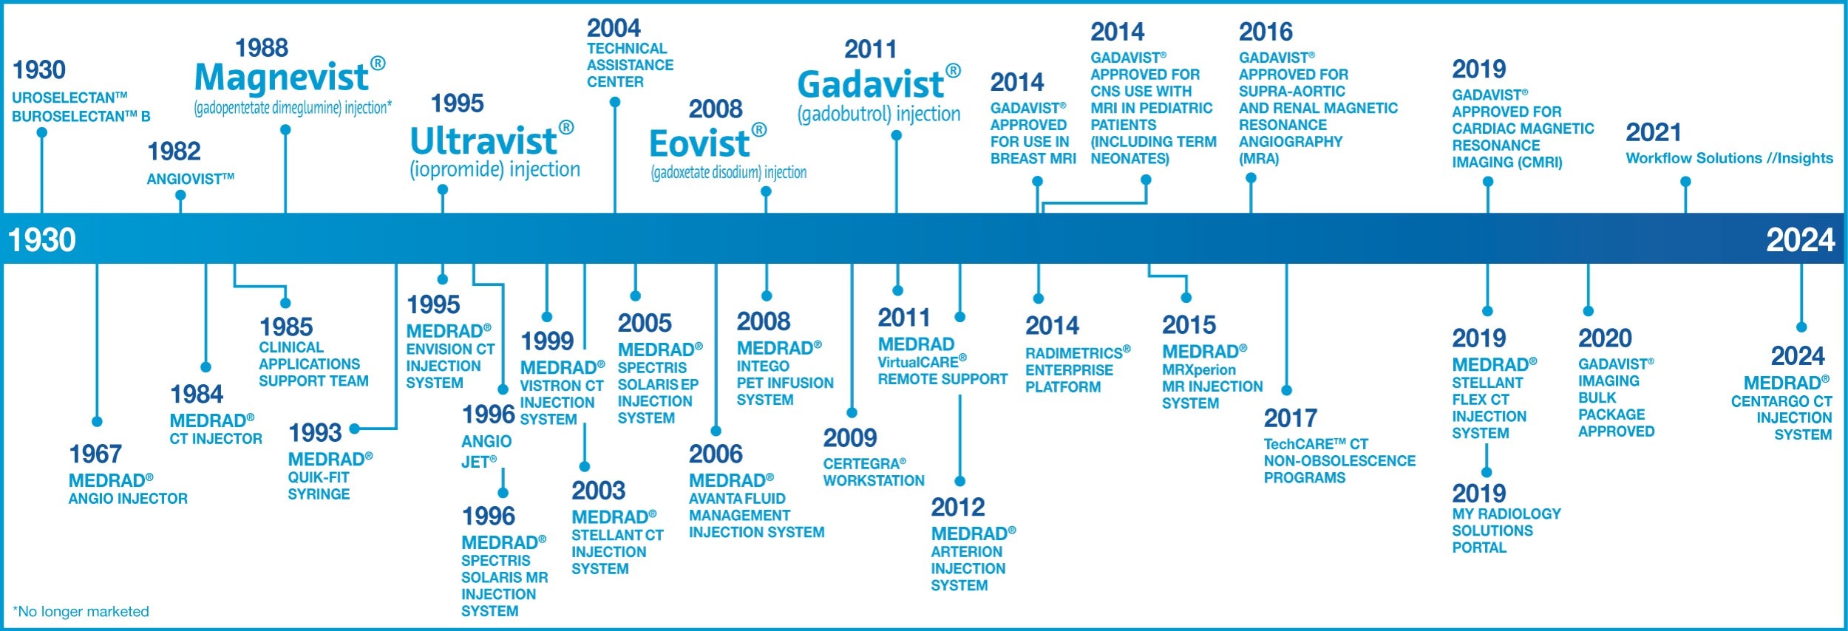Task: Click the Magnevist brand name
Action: pos(282,78)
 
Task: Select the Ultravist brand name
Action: pos(483,141)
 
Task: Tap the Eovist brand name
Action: pos(699,143)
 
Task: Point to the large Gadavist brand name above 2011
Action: pos(871,84)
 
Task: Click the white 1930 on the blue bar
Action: pos(42,240)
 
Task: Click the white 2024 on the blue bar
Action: pos(1800,240)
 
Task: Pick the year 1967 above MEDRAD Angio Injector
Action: pos(95,454)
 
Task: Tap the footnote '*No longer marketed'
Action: pos(81,611)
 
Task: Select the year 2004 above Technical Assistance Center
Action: pos(614,28)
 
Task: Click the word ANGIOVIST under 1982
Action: pos(185,179)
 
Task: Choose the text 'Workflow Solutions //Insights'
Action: pos(1729,158)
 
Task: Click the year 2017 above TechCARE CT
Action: pos(1290,418)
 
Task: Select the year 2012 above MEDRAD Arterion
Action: pos(958,507)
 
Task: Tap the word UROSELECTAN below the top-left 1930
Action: pos(64,98)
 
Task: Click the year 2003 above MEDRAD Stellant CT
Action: pos(598,491)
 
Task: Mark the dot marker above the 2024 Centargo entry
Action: pos(1801,327)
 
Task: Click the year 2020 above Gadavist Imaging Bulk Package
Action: pos(1605,338)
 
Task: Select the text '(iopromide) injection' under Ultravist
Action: pos(495,169)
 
